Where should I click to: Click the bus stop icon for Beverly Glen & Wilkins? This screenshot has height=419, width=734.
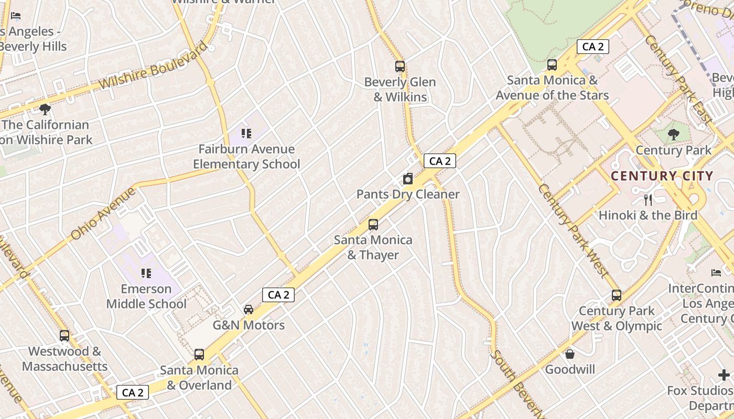[x=400, y=67]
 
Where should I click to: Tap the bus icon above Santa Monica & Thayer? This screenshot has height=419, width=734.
[x=373, y=225]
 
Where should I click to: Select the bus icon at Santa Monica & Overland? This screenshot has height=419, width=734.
[x=199, y=355]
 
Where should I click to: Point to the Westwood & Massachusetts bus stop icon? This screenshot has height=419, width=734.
[x=64, y=336]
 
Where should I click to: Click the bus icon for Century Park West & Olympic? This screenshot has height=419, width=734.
[x=617, y=295]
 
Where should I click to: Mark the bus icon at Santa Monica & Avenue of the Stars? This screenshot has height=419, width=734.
[x=552, y=65]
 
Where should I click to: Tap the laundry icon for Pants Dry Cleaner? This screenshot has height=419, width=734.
[x=408, y=179]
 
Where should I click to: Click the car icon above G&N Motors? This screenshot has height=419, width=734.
[x=249, y=310]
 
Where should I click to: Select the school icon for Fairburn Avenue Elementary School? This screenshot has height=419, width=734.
[x=246, y=134]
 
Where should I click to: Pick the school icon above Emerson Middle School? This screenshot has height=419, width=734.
[x=146, y=273]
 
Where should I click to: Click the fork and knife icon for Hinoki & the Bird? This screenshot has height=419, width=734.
[x=648, y=200]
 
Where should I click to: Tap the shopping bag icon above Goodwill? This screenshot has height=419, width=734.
[x=570, y=354]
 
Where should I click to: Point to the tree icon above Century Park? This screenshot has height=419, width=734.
[x=674, y=135]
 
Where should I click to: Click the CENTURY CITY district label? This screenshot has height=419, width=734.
[x=662, y=176]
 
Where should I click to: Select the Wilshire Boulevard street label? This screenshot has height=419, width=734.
[x=153, y=67]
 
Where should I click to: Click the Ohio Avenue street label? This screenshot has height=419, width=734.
[x=103, y=214]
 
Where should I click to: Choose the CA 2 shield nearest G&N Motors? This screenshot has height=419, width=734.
[x=278, y=295]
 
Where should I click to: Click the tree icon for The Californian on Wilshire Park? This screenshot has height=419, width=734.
[x=45, y=109]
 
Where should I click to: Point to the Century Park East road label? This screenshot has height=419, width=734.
[x=679, y=79]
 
